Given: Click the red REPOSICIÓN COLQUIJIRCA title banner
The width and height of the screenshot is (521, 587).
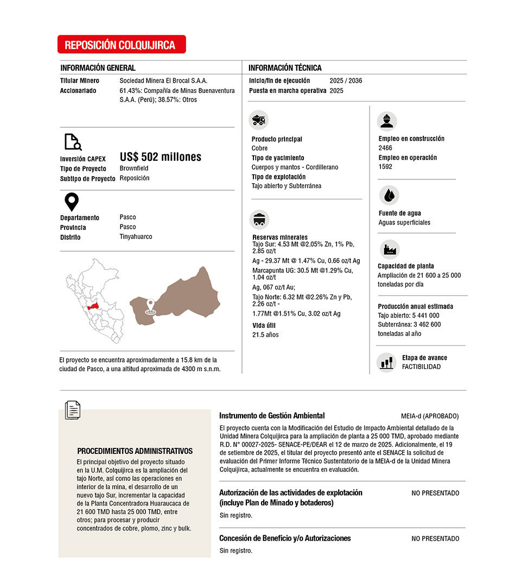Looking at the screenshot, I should point(122,45).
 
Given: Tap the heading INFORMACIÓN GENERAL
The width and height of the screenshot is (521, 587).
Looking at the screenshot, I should point(98,68).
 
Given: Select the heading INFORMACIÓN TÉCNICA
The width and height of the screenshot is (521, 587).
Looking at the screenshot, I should point(285,68).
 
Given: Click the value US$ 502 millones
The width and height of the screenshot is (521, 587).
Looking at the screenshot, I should point(161,157).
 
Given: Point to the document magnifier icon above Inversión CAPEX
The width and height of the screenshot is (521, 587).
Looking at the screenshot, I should point(73,141).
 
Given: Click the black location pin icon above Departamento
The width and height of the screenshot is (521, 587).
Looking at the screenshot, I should point(72,202).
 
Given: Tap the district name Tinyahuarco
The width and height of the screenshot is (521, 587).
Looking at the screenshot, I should point(136,237).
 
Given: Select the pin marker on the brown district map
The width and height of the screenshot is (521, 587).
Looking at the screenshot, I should point(151,307).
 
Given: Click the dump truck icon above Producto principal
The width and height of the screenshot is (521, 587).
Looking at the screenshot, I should point(259,120).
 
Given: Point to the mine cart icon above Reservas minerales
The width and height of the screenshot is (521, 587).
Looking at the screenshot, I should point(259,219).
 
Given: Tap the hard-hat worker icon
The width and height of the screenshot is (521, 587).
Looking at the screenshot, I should point(387,121).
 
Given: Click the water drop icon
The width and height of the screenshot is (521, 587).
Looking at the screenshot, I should point(388,195).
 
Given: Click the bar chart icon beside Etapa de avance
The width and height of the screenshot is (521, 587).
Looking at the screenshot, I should point(386,362).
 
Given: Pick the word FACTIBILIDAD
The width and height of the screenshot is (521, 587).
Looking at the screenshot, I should point(421,367).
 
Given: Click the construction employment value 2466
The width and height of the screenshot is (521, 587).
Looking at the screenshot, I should point(385,148).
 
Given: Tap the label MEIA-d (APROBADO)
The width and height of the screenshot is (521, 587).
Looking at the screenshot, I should point(430,416).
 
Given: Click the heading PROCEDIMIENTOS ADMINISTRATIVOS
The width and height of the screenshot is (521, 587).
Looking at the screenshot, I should point(135,451).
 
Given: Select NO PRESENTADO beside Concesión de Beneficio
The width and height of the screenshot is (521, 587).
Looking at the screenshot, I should point(435,539).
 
